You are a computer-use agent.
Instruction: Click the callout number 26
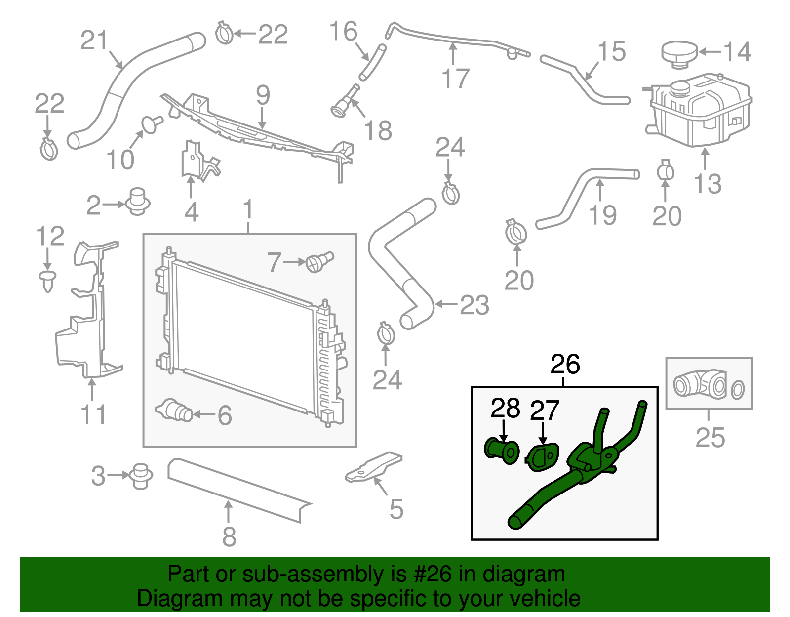coord(565,365)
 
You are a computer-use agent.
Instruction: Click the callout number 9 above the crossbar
coord(263,95)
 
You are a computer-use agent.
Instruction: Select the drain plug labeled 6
coord(174,411)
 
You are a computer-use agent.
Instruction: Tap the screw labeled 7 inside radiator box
coord(320,260)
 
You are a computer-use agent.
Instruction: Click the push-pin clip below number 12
coord(47,280)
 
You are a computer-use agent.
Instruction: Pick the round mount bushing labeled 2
coord(138,201)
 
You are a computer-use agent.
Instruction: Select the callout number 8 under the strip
coord(229,536)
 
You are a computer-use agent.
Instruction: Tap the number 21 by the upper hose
coord(94,41)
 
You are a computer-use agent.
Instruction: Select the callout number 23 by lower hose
coord(474,305)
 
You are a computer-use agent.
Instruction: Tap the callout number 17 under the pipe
coord(455,79)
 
